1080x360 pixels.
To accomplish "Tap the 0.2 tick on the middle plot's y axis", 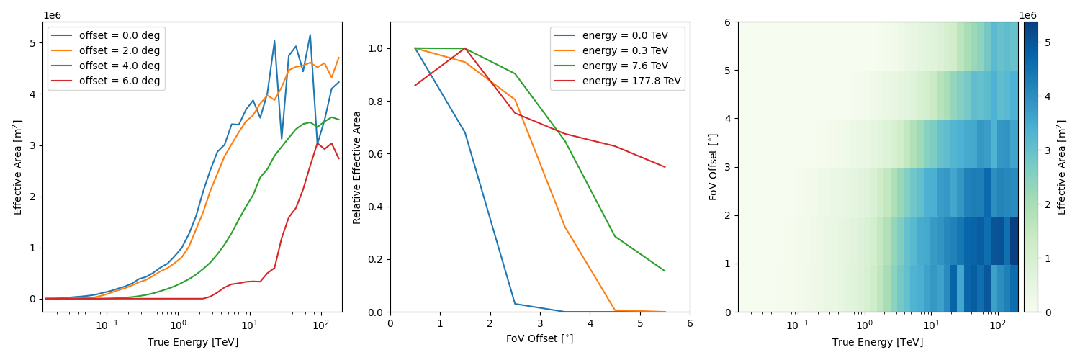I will (376, 260).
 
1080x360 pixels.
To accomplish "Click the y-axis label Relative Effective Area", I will (357, 167).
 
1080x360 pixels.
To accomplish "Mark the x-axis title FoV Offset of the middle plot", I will (540, 338).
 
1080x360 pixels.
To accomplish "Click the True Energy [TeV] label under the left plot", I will (192, 342).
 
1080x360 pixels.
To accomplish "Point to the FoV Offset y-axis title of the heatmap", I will (714, 167).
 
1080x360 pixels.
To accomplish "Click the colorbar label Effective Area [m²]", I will (1062, 167).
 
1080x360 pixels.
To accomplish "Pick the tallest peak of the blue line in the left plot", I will (310, 35).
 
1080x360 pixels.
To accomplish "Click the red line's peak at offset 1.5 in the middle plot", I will (465, 48).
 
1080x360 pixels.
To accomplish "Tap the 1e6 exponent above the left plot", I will (53, 15).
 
